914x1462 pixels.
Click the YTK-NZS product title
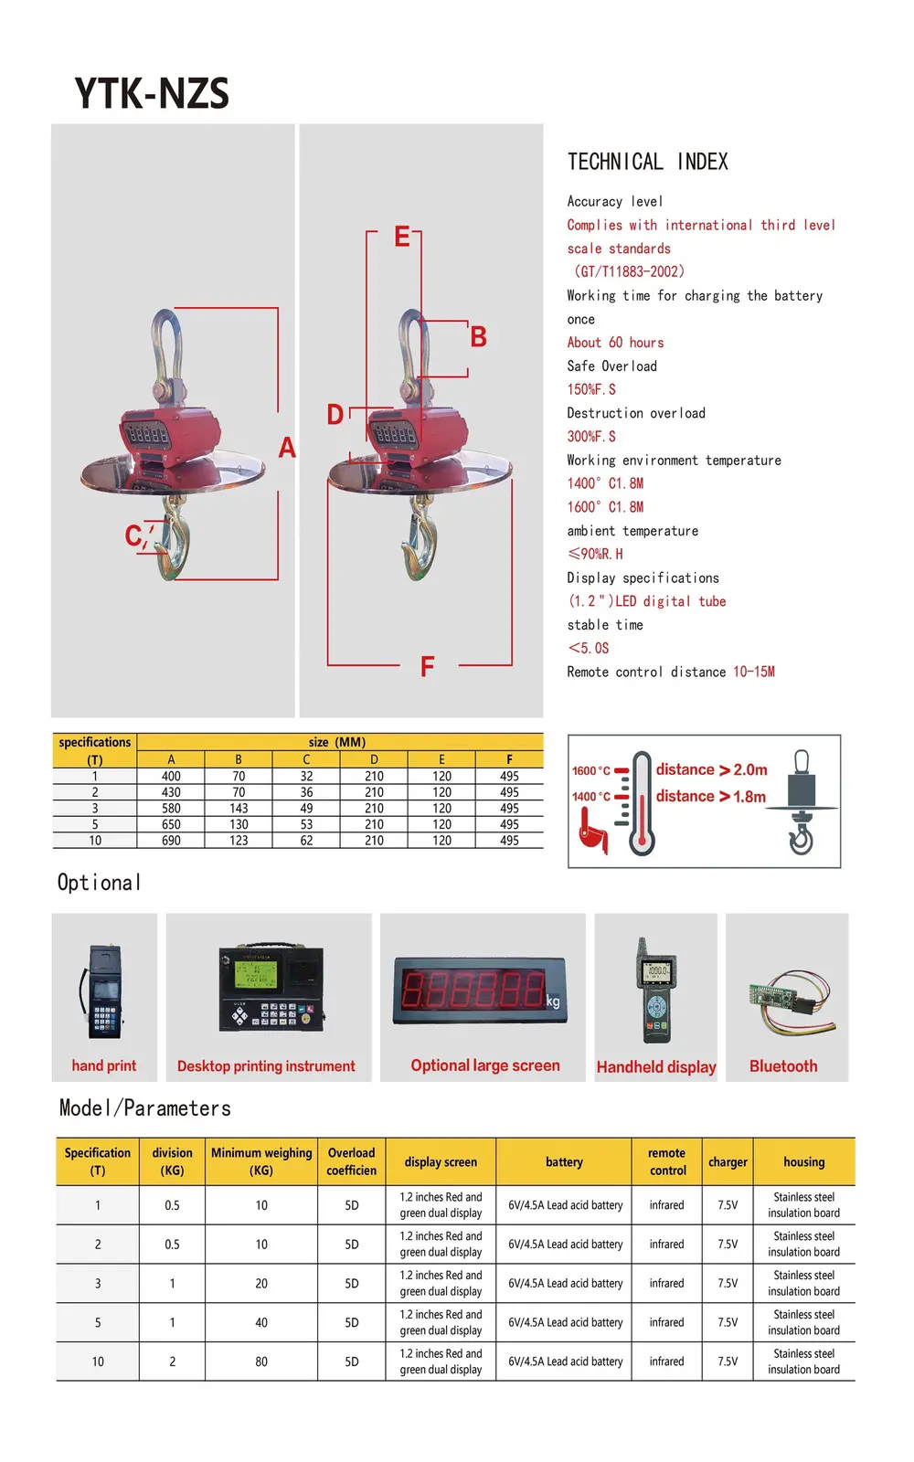click(152, 93)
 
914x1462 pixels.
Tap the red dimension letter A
click(287, 448)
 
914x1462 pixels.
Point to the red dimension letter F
click(427, 667)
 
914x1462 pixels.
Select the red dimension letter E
click(401, 238)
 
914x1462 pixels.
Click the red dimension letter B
click(478, 337)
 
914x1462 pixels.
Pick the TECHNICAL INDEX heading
click(647, 163)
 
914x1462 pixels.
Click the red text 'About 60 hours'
click(615, 343)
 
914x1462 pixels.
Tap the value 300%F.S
click(591, 437)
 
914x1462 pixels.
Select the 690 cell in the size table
click(171, 841)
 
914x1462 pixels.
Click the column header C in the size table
click(306, 759)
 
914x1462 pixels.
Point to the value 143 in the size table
click(239, 809)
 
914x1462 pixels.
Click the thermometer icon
click(642, 802)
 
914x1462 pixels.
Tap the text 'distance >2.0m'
click(711, 770)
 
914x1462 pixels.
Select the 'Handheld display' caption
click(656, 1067)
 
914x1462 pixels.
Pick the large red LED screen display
click(480, 991)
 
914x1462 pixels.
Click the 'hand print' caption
click(104, 1065)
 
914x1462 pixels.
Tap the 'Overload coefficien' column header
click(352, 1161)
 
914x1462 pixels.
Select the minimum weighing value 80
click(261, 1361)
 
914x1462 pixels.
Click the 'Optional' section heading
click(99, 883)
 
